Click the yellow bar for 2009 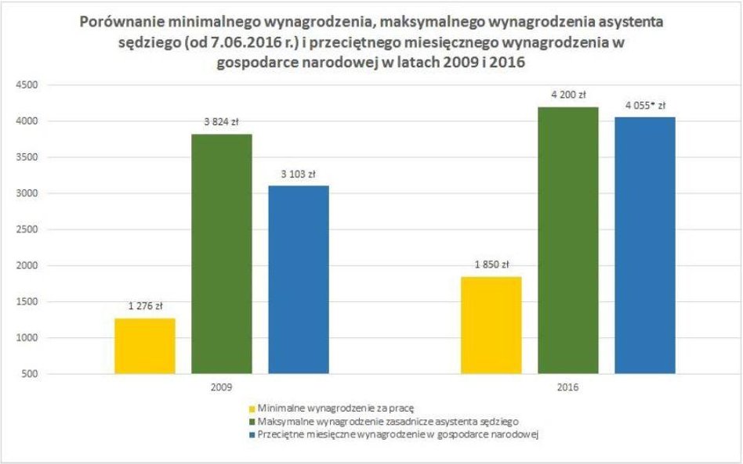point(145,346)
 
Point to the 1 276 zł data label point(145,307)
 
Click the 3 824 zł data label point(221,123)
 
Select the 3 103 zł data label point(298,174)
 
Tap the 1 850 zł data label point(491,264)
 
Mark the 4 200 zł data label point(568,96)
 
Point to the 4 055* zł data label point(645,106)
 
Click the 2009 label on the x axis point(221,387)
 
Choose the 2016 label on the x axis point(568,387)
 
